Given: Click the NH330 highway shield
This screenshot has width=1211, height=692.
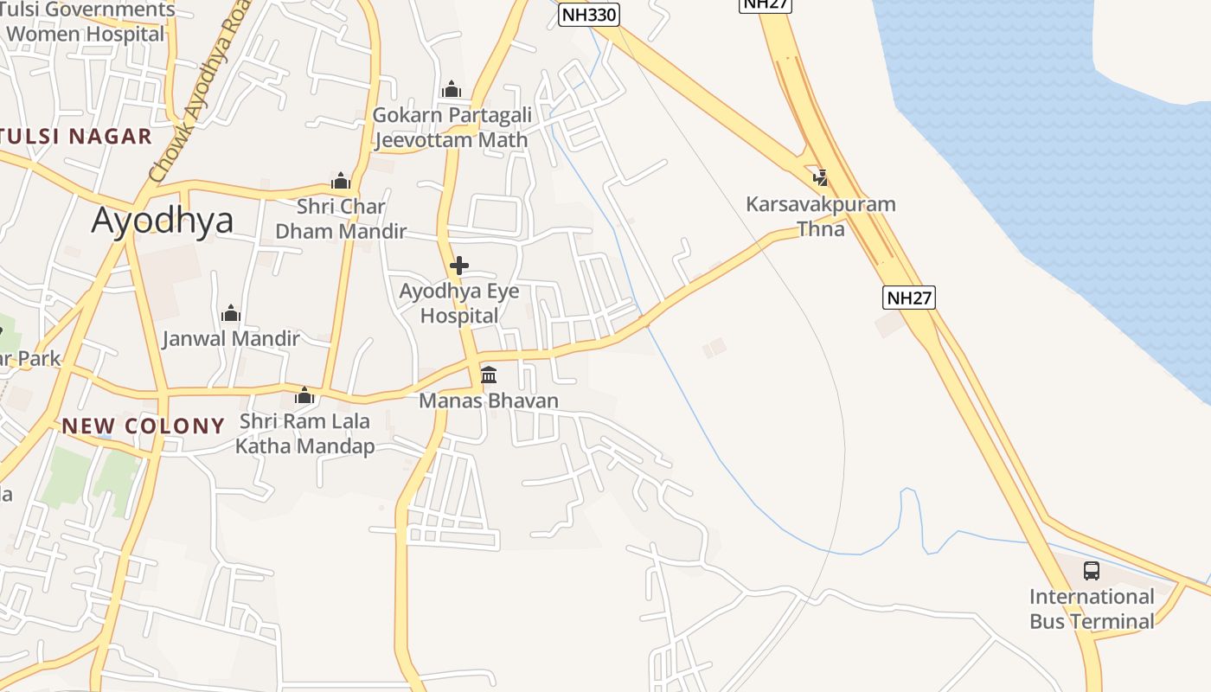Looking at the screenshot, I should (588, 15).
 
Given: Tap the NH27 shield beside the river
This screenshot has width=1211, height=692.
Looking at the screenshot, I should (909, 298).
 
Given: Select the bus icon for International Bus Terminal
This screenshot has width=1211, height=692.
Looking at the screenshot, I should (1092, 571).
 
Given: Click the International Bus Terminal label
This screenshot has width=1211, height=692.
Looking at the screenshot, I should (1092, 609).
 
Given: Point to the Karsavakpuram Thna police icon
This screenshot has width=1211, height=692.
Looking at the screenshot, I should (819, 178).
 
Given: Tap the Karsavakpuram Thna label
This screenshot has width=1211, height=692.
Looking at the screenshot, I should (820, 216).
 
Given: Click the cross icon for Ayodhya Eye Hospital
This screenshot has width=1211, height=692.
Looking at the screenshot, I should (459, 266).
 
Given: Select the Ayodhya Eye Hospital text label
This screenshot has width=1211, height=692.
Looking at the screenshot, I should (459, 304).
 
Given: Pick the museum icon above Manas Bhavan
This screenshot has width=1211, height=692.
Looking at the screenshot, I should (489, 375).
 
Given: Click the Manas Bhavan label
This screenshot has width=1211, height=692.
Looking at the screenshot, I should (489, 400).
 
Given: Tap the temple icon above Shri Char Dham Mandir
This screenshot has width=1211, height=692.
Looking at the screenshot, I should (341, 181).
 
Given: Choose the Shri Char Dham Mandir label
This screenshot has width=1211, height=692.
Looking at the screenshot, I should (341, 219).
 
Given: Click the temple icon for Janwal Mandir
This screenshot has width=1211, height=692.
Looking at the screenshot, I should (231, 313).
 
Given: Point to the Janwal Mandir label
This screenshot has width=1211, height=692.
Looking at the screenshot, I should (231, 338).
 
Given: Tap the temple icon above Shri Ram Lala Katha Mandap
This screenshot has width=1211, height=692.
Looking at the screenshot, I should (304, 396).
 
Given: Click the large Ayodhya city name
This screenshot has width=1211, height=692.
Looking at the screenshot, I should (163, 221).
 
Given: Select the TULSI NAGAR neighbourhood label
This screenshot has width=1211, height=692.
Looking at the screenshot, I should (76, 136).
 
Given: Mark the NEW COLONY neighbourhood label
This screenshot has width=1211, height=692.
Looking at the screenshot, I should (144, 426).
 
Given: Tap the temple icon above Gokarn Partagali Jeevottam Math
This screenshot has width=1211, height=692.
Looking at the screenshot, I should (452, 89).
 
